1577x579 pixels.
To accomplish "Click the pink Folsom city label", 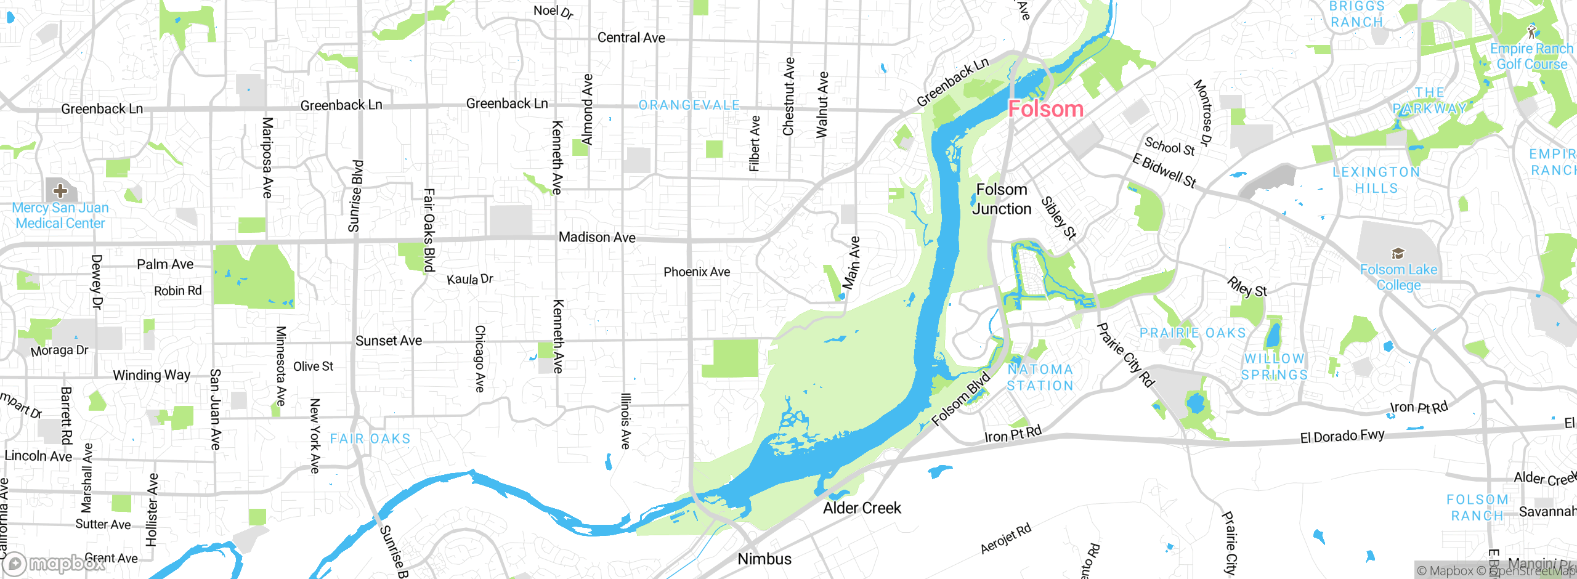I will point(1045,109).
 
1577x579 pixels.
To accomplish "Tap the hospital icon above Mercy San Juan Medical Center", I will point(60,190).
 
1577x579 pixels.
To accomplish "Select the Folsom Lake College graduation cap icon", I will point(1398,253).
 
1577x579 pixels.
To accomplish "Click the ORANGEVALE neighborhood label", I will point(689,105).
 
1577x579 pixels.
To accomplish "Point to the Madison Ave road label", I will point(596,237).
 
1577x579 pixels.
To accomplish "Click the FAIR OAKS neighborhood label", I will point(370,439).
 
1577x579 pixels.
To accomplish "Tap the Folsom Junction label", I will point(1002,199).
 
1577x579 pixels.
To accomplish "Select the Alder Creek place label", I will point(862,508).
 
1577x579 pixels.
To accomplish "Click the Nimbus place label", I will point(764,559).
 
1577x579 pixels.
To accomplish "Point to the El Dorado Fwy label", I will point(1342,436).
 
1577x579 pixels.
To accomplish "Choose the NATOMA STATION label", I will point(1040,378).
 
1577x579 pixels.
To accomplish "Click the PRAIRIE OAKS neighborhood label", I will point(1192,333).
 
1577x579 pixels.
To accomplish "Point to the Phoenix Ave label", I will point(696,272).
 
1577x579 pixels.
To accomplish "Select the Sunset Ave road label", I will point(388,341).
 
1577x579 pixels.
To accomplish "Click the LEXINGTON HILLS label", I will point(1376,180).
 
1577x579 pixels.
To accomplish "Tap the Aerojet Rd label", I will point(1005,538).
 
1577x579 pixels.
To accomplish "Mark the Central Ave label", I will point(631,38).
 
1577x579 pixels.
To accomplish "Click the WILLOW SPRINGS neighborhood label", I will point(1274,366).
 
